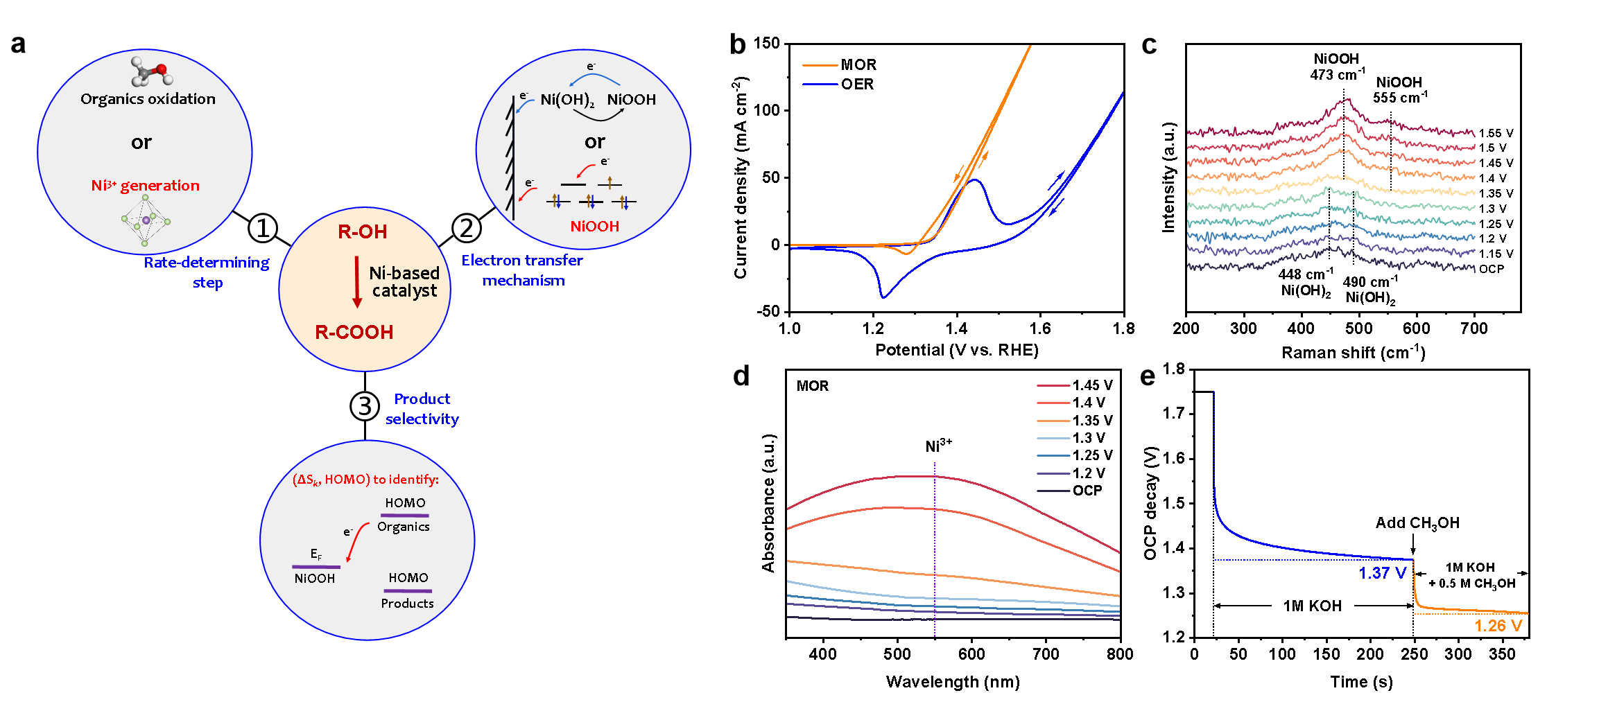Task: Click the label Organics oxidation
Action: [148, 99]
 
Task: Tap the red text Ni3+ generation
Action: [146, 186]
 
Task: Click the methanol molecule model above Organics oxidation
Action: [151, 71]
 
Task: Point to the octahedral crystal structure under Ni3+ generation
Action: [146, 221]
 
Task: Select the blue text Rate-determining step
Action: [207, 272]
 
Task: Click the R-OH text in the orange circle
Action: [362, 232]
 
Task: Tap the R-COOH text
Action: [354, 333]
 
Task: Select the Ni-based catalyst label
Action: [404, 282]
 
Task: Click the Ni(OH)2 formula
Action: [567, 100]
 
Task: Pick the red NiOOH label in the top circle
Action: [594, 227]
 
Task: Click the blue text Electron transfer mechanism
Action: [523, 270]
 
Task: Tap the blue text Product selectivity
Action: [422, 409]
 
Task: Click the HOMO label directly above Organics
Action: [405, 503]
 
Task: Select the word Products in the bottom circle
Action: [407, 604]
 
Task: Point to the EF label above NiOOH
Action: [316, 554]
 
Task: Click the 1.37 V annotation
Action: [1383, 573]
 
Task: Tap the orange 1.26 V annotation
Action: [1498, 626]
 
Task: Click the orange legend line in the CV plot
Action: [820, 66]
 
